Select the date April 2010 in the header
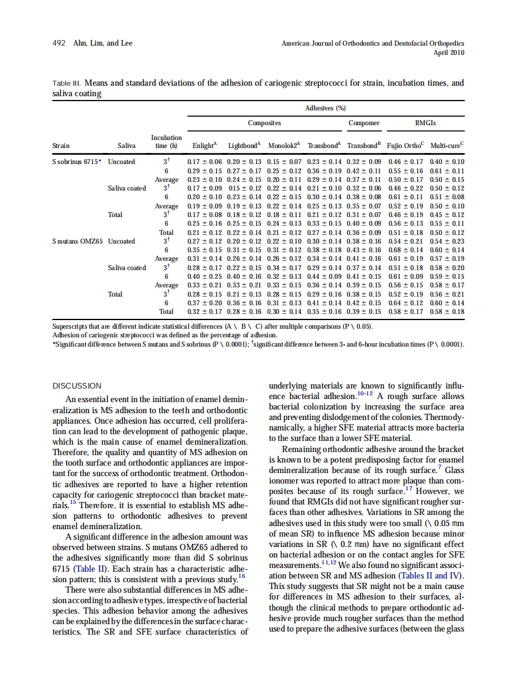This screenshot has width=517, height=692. pyautogui.click(x=450, y=53)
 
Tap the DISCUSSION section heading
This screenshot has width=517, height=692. pyautogui.click(x=77, y=385)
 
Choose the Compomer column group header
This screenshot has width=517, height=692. pyautogui.click(x=364, y=123)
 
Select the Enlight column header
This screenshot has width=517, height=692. pyautogui.click(x=204, y=146)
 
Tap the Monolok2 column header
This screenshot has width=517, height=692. pyautogui.click(x=284, y=146)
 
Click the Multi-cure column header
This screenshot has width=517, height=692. pyautogui.click(x=447, y=146)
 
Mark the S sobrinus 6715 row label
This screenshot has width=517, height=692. pyautogui.click(x=76, y=162)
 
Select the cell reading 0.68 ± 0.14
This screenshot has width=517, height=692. pyautogui.click(x=405, y=250)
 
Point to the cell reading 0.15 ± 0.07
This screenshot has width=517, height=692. pyautogui.click(x=284, y=162)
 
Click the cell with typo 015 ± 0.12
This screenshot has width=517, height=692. pyautogui.click(x=244, y=188)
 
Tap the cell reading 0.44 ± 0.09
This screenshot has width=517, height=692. pyautogui.click(x=325, y=276)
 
